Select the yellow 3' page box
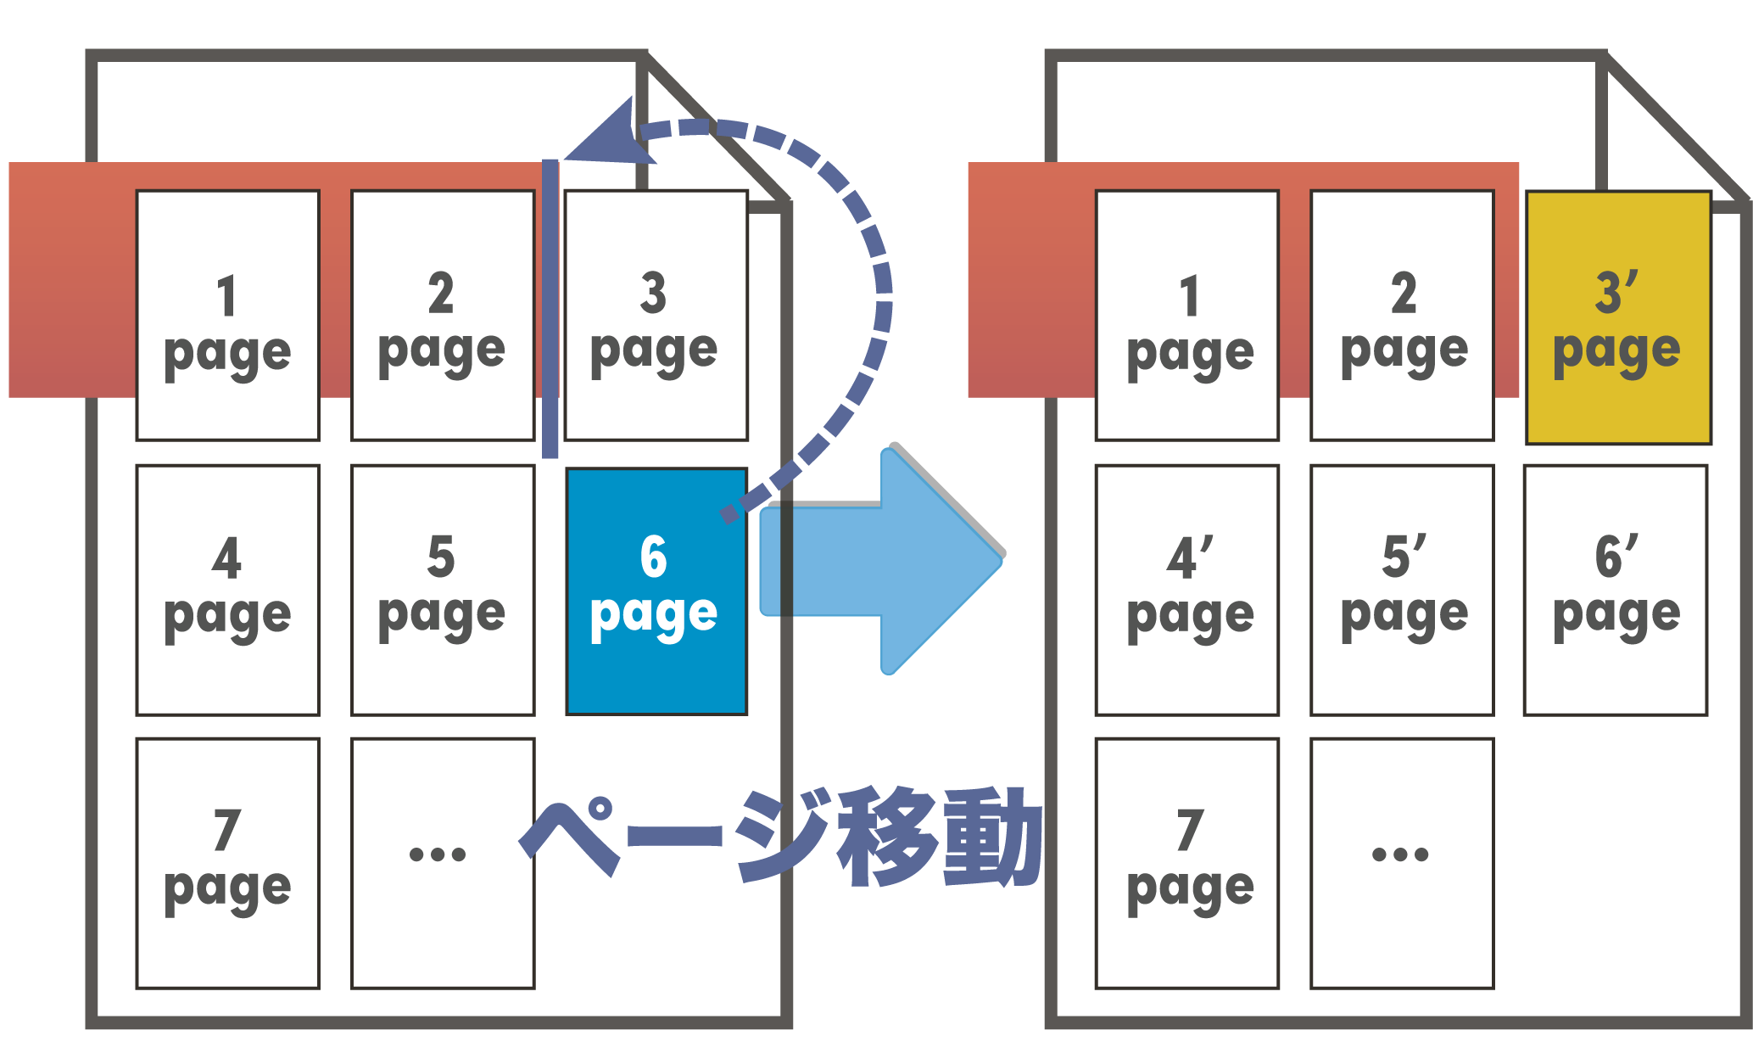1617,317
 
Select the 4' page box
1187,590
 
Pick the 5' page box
1402,590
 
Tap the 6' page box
1615,590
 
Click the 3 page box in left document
656,316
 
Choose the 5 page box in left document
442,590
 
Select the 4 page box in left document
227,590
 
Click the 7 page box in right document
1187,863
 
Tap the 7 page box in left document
227,863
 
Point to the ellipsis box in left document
442,863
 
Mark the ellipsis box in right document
1402,863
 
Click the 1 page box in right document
1187,316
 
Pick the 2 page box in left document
442,316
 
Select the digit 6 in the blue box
653,557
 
